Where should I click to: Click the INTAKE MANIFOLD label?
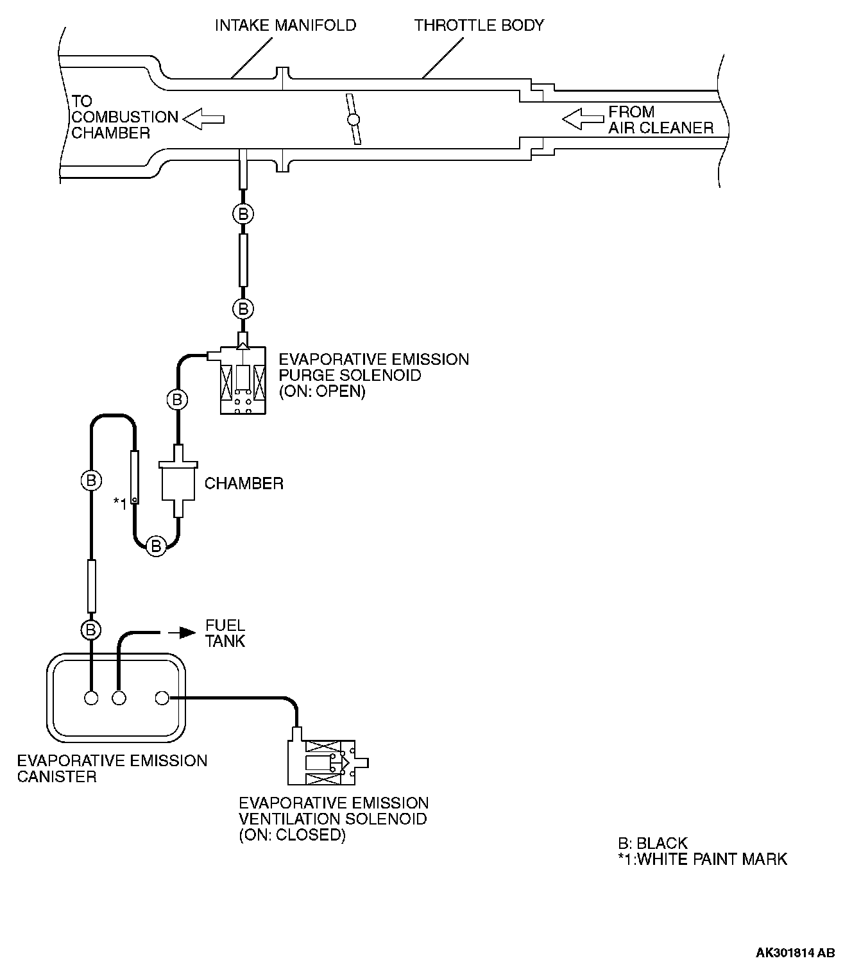point(285,26)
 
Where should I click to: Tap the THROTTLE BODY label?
point(479,26)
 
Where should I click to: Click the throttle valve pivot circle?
point(352,119)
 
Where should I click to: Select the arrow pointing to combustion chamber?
point(203,119)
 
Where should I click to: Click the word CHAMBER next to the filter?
point(244,483)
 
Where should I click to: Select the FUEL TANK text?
point(225,633)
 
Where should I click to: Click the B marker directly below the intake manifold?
point(243,214)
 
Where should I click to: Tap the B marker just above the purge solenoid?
point(243,309)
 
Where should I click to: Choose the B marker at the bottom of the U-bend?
point(155,546)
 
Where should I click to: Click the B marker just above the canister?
point(91,630)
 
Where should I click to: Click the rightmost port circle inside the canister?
point(162,698)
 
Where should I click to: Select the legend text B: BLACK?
point(652,843)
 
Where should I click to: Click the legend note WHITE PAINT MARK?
point(702,859)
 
